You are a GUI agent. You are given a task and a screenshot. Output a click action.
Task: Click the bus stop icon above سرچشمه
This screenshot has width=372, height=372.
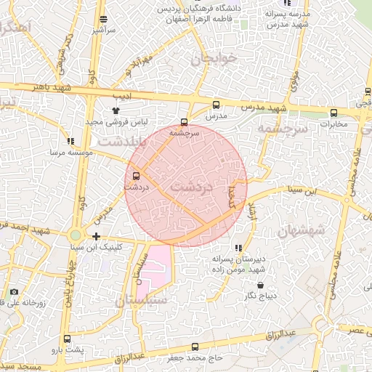184,122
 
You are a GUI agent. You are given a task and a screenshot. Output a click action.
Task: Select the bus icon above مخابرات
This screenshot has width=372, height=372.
334,113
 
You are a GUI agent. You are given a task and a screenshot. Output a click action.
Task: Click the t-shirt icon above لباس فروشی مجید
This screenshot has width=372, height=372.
116,110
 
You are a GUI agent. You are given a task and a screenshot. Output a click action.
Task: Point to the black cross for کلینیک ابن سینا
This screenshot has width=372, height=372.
96,236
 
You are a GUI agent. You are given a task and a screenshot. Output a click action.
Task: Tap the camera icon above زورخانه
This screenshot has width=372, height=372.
14,292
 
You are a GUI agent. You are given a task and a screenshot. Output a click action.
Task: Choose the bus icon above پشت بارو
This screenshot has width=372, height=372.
68,339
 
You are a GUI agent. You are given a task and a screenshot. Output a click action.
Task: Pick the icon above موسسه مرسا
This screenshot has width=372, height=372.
70,142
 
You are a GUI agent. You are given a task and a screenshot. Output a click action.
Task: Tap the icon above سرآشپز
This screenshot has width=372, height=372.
104,20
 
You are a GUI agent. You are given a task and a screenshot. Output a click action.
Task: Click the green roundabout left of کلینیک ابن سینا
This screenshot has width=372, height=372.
76,235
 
